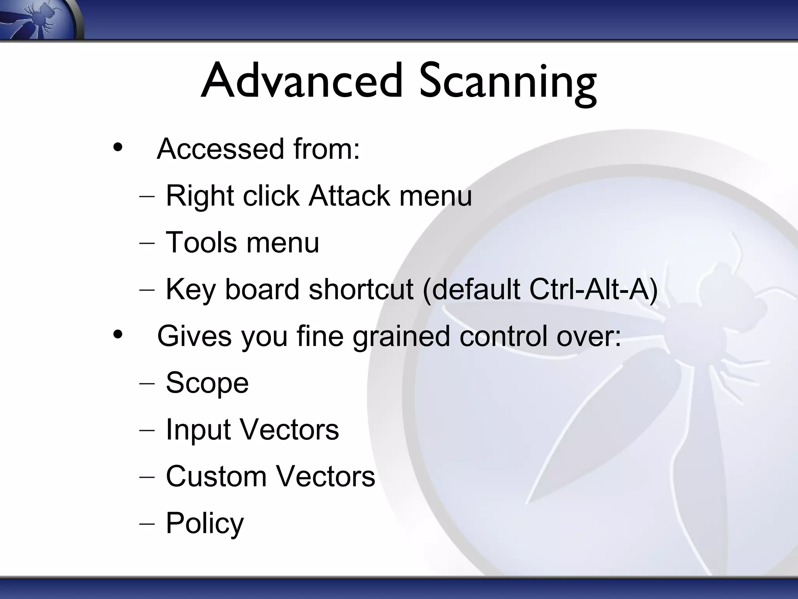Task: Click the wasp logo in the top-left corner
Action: pyautogui.click(x=39, y=19)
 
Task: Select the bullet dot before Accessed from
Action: pyautogui.click(x=117, y=148)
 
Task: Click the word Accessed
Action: pyautogui.click(x=221, y=149)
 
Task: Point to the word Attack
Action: pyautogui.click(x=349, y=195)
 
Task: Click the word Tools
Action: pyautogui.click(x=201, y=242)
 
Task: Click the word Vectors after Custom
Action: pyautogui.click(x=325, y=477)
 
